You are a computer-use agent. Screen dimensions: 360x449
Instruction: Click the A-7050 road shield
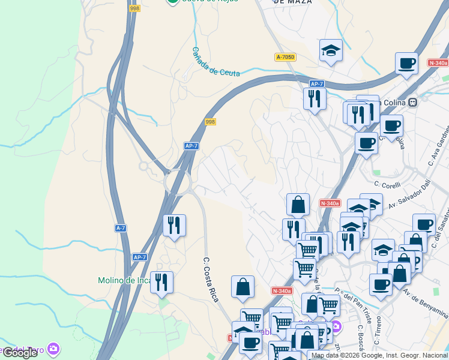(286, 57)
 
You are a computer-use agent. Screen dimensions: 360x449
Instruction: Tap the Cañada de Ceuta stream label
(215, 62)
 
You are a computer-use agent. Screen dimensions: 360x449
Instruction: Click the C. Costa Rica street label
(210, 279)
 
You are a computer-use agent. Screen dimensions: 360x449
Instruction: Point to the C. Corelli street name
(387, 185)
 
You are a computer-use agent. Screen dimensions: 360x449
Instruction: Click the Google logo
(19, 353)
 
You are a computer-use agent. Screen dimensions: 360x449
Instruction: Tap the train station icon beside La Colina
(412, 103)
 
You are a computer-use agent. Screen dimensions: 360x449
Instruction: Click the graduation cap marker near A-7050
(330, 51)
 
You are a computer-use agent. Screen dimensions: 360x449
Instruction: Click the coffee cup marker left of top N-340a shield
(406, 63)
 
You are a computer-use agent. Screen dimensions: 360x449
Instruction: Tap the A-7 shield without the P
(121, 228)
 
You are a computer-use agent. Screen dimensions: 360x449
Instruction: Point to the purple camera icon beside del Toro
(54, 349)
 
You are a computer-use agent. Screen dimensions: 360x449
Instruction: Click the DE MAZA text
(292, 2)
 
